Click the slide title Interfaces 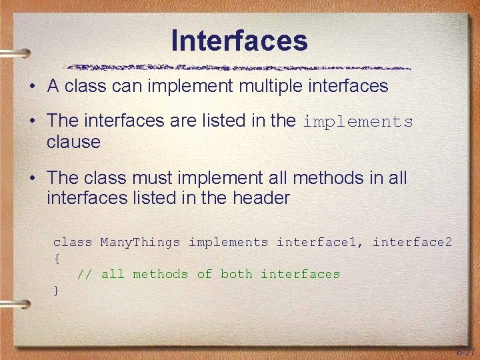pyautogui.click(x=239, y=40)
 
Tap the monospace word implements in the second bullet pyautogui.click(x=358, y=122)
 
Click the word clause pyautogui.click(x=73, y=142)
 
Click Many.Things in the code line pyautogui.click(x=140, y=243)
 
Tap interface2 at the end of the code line pyautogui.click(x=412, y=243)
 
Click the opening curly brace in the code pyautogui.click(x=57, y=258)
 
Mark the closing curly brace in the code pyautogui.click(x=57, y=290)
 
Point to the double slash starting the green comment pyautogui.click(x=84, y=274)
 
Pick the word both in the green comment pyautogui.click(x=236, y=274)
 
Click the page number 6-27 pyautogui.click(x=465, y=351)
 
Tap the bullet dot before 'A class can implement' pyautogui.click(x=32, y=87)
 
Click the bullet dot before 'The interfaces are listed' pyautogui.click(x=32, y=122)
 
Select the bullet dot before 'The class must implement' pyautogui.click(x=32, y=179)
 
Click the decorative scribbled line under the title pyautogui.click(x=239, y=67)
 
